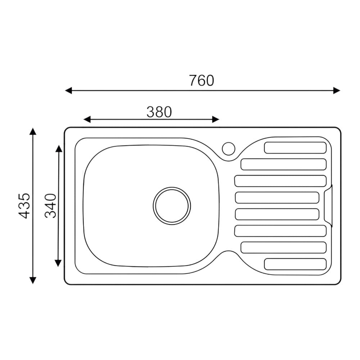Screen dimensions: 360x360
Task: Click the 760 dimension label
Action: pyautogui.click(x=202, y=80)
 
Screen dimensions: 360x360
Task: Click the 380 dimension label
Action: pyautogui.click(x=159, y=112)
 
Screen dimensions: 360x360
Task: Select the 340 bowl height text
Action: pyautogui.click(x=51, y=206)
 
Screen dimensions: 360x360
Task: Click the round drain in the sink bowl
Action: pyautogui.click(x=172, y=206)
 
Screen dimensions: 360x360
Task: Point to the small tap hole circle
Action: pyautogui.click(x=228, y=148)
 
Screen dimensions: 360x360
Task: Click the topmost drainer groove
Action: pyautogui.click(x=295, y=148)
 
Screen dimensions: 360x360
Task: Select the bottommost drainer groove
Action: pyautogui.click(x=295, y=264)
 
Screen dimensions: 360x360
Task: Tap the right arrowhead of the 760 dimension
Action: pyautogui.click(x=337, y=90)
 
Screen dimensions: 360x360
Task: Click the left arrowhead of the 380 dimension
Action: pyautogui.click(x=87, y=120)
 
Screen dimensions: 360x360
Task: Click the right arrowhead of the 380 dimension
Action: pyautogui.click(x=216, y=120)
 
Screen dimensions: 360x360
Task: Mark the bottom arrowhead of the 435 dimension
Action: pyautogui.click(x=33, y=280)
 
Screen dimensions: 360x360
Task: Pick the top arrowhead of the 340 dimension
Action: pyautogui.click(x=58, y=149)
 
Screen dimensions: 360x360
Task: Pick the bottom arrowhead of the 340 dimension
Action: pyautogui.click(x=58, y=263)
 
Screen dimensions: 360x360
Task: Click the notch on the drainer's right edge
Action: pyautogui.click(x=328, y=206)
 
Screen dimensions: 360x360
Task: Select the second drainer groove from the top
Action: pyautogui.click(x=283, y=164)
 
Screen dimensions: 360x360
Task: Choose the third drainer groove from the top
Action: pyautogui.click(x=280, y=181)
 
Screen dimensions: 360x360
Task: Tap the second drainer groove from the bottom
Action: pyautogui.click(x=283, y=247)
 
